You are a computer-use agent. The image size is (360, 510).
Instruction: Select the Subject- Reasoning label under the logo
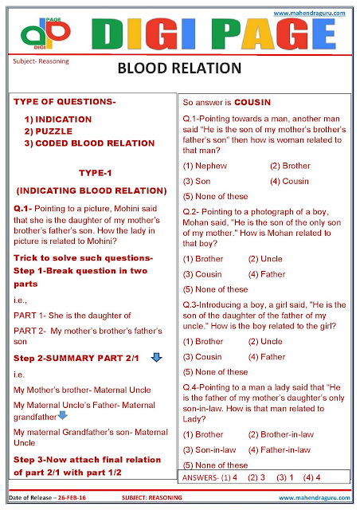(41, 61)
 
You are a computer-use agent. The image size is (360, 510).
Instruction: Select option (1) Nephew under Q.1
(205, 166)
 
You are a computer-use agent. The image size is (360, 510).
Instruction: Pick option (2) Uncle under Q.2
(264, 259)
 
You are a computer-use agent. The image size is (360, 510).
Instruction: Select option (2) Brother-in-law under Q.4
(280, 434)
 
